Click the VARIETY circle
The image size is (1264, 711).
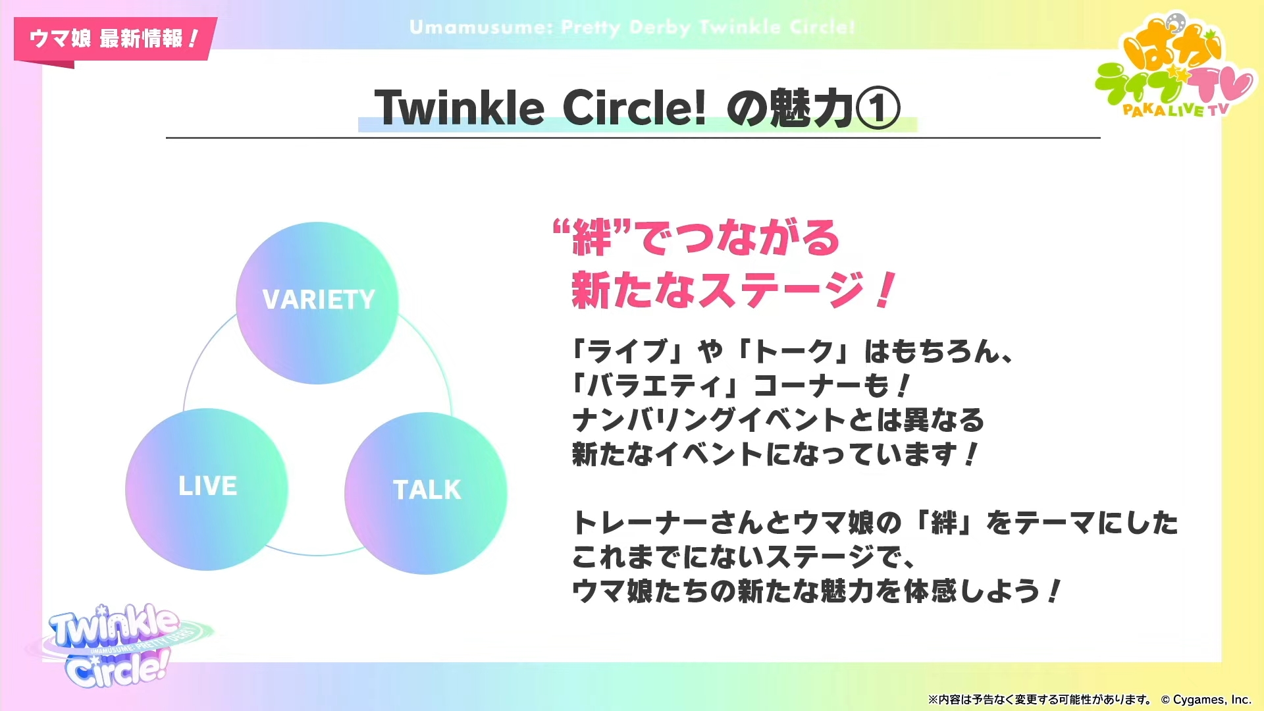point(317,303)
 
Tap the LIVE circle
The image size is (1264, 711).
point(207,489)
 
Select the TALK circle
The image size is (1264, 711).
point(426,493)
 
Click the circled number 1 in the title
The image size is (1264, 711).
point(878,109)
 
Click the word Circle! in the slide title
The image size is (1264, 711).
point(634,108)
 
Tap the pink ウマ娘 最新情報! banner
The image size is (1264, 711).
point(115,39)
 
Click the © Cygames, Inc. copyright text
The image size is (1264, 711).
point(1205,700)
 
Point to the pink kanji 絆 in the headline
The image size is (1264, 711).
point(592,238)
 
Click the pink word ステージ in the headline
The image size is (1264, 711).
point(781,290)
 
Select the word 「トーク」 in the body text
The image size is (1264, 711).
point(793,352)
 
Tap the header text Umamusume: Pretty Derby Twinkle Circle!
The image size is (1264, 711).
point(632,28)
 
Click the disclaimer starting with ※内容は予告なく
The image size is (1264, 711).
point(1040,700)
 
